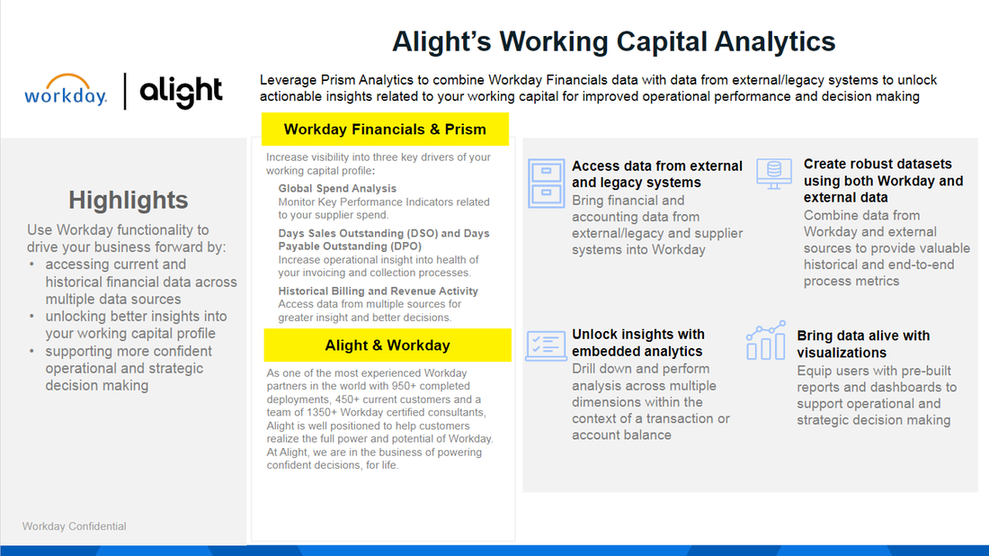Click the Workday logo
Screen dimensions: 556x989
(x=66, y=91)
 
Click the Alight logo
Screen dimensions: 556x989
(x=181, y=92)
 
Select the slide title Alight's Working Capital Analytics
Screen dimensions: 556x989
(x=614, y=41)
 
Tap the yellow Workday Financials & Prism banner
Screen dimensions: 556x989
(x=385, y=130)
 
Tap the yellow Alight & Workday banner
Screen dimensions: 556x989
(x=388, y=345)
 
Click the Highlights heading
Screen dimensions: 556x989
(x=129, y=200)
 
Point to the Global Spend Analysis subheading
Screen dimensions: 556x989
(x=337, y=189)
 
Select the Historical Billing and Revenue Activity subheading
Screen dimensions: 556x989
(x=378, y=291)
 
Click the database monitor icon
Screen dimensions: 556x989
(x=773, y=173)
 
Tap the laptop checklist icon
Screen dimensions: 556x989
(x=546, y=345)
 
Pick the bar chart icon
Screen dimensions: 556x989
(x=766, y=340)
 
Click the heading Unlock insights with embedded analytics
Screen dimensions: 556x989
(x=638, y=343)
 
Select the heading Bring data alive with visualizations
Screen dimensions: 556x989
(x=863, y=345)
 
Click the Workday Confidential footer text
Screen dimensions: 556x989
(x=75, y=526)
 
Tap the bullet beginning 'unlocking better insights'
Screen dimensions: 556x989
(x=136, y=325)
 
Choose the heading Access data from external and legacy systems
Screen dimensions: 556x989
(x=657, y=175)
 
